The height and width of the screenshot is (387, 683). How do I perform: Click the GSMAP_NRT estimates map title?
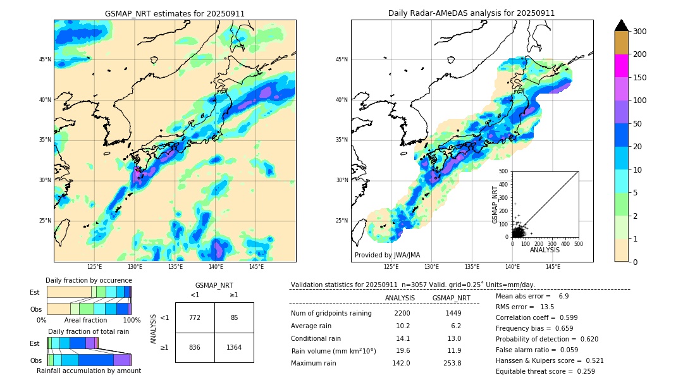pos(175,13)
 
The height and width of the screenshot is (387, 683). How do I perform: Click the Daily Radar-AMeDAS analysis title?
pos(472,13)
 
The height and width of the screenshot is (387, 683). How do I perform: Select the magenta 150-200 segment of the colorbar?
pos(621,66)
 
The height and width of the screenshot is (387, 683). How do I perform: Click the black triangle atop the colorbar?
pos(621,25)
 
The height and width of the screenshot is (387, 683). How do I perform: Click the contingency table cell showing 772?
pos(195,317)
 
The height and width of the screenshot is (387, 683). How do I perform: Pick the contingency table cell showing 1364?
pos(234,347)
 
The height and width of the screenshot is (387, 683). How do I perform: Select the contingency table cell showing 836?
pos(195,347)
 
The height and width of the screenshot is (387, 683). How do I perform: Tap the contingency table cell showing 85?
pos(234,317)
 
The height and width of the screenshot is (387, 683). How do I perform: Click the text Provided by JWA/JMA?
pos(387,255)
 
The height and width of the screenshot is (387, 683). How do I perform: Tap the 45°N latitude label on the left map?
pos(45,59)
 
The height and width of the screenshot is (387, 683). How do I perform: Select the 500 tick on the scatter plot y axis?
pos(504,171)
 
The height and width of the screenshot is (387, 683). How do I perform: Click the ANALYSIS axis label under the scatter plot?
pos(545,250)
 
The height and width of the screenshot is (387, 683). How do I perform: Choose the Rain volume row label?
pos(333,350)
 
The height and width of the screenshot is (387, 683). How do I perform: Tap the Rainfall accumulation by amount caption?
pos(89,371)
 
